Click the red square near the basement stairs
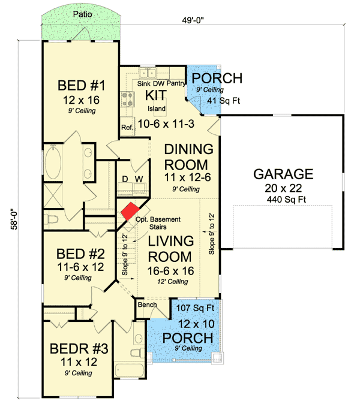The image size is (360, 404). [x=130, y=211]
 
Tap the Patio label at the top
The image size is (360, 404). [x=83, y=14]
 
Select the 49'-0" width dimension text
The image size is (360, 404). [x=193, y=20]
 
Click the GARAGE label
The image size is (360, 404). [x=283, y=174]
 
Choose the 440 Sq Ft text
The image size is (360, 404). [x=286, y=199]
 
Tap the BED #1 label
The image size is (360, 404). [x=82, y=85]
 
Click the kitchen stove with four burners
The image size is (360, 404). [x=128, y=99]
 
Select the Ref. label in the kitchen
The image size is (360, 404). [x=127, y=127]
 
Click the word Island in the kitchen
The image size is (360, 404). [x=157, y=108]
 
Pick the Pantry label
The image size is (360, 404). [x=176, y=83]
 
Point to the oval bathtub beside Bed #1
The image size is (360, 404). [x=53, y=162]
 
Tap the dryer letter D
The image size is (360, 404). [x=125, y=179]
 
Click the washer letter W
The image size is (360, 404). [x=139, y=179]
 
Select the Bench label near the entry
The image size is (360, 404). [x=147, y=304]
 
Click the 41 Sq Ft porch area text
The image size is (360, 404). [x=224, y=101]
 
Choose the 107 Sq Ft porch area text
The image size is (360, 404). [x=195, y=307]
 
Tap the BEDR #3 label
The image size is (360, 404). [x=79, y=349]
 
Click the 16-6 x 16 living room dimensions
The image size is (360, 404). [x=171, y=271]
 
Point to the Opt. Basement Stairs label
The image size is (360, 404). [x=158, y=223]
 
